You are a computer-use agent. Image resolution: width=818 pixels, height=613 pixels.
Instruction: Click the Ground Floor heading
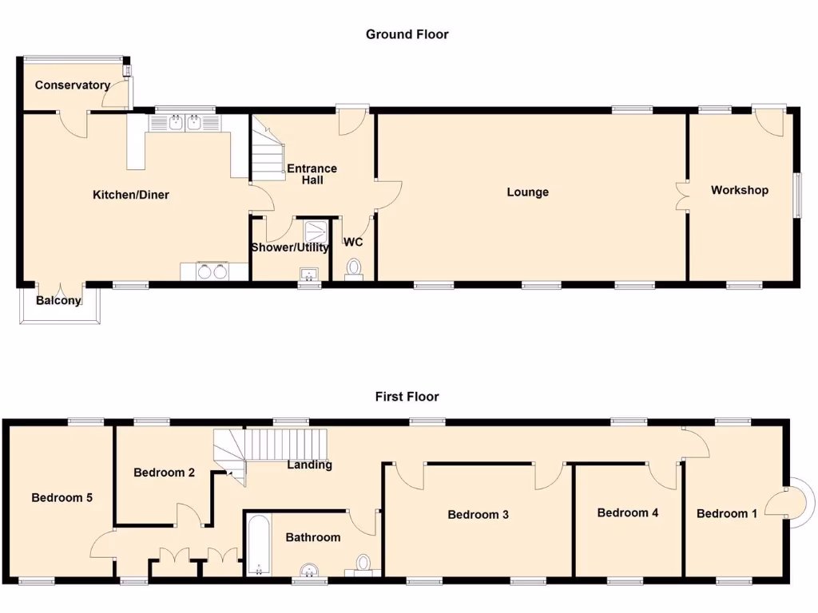pos(407,34)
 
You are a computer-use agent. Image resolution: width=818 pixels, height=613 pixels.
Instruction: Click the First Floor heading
pos(407,397)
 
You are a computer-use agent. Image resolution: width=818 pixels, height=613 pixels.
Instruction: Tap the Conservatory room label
pos(72,85)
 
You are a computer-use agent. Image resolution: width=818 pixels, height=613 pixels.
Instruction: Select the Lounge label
pos(527,192)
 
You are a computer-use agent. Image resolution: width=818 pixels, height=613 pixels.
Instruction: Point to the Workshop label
pos(740,190)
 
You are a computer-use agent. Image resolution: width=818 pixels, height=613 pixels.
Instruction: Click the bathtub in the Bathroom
pos(258,546)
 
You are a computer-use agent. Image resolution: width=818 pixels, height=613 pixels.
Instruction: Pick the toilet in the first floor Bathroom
pos(363,565)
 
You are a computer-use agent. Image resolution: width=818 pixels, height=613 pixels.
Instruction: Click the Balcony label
pos(59,301)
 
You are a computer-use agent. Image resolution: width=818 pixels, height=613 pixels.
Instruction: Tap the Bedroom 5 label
pos(62,497)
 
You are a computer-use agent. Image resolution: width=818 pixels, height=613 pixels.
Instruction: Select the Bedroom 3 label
pos(478,515)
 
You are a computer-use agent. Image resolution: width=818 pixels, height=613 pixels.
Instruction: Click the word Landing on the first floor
pos(309,465)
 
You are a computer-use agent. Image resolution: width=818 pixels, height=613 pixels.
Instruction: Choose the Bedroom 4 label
pos(628,512)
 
